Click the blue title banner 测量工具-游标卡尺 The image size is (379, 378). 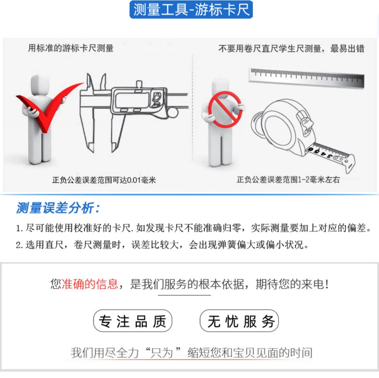tap(191, 10)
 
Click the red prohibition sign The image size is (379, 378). tap(225, 109)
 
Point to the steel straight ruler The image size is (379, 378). tap(306, 78)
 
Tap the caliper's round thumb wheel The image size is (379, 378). tap(172, 113)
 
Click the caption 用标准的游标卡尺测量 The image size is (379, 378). tap(71, 48)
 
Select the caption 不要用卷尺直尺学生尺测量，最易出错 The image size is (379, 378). tap(291, 49)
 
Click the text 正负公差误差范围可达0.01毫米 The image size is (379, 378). tap(104, 180)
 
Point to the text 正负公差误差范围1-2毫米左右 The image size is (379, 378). tap(288, 180)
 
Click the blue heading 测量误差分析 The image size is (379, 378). tap(58, 208)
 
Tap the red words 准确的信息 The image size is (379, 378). tap(90, 284)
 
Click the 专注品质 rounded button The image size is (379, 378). tap(133, 321)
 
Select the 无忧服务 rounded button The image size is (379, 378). tap(239, 321)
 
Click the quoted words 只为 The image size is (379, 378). tap(161, 353)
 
